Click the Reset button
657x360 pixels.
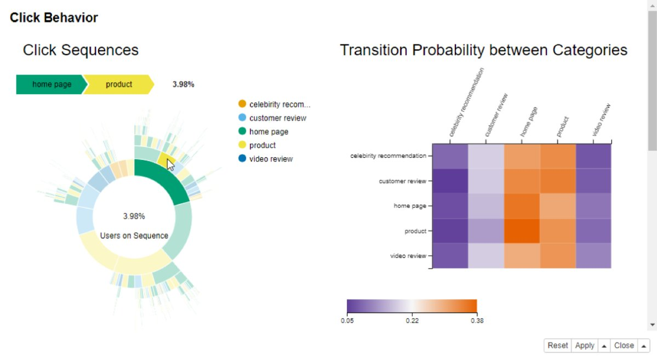pos(558,346)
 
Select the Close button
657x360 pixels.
pos(624,346)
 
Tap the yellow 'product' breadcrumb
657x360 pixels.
pos(119,84)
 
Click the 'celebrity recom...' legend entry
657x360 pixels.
pos(279,104)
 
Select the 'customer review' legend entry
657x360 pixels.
pos(277,118)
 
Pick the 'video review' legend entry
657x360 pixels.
pos(271,159)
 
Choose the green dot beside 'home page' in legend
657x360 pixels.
pos(242,132)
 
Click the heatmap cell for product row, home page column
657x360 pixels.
pos(522,231)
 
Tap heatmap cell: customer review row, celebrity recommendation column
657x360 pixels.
pos(450,181)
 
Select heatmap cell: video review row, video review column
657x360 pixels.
pos(593,256)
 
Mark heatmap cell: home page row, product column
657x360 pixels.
pos(558,206)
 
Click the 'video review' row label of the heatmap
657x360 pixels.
pos(408,256)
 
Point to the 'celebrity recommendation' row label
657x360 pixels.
pos(388,156)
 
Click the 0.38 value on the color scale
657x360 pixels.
pos(477,321)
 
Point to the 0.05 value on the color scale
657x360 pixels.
pos(347,321)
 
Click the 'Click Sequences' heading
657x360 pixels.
pos(81,50)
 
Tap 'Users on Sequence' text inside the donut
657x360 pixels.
pos(134,236)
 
